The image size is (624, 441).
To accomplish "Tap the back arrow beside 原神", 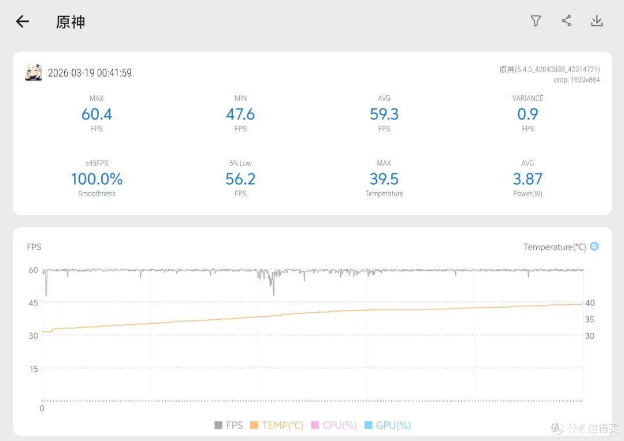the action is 23,21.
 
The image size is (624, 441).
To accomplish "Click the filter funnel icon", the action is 536,21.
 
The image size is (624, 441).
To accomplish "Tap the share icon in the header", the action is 566,21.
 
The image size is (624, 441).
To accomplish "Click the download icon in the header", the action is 596,21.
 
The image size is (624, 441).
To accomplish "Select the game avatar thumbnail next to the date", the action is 34,72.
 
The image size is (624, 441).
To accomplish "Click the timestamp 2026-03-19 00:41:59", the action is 90,73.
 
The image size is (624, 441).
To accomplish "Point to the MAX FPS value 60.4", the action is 96,114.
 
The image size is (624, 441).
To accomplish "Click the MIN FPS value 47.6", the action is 240,114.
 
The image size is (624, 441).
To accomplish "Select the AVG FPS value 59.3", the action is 384,114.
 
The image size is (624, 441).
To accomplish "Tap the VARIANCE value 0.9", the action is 528,114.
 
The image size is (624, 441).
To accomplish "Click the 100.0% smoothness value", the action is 96,179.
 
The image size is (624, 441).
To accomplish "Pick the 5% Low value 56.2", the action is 240,179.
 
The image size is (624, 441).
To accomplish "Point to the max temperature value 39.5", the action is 384,179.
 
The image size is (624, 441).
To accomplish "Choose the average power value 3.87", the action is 528,179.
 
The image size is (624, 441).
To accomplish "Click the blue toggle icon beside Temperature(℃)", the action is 594,246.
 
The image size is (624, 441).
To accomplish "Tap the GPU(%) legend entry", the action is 388,425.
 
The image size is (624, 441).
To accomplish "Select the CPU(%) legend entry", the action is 334,425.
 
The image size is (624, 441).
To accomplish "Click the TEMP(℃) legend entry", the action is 277,425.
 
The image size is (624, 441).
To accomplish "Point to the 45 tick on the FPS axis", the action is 34,302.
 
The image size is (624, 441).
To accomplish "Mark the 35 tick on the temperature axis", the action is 589,319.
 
